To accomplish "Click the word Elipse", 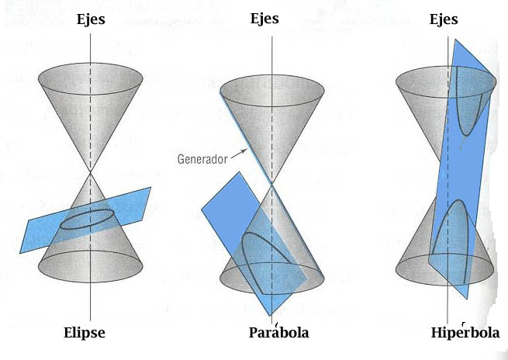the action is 84,334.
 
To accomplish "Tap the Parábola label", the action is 278,333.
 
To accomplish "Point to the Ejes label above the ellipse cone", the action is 91,19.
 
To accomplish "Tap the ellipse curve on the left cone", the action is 91,220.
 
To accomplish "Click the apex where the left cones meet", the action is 91,172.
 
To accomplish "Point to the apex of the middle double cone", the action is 271,183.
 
